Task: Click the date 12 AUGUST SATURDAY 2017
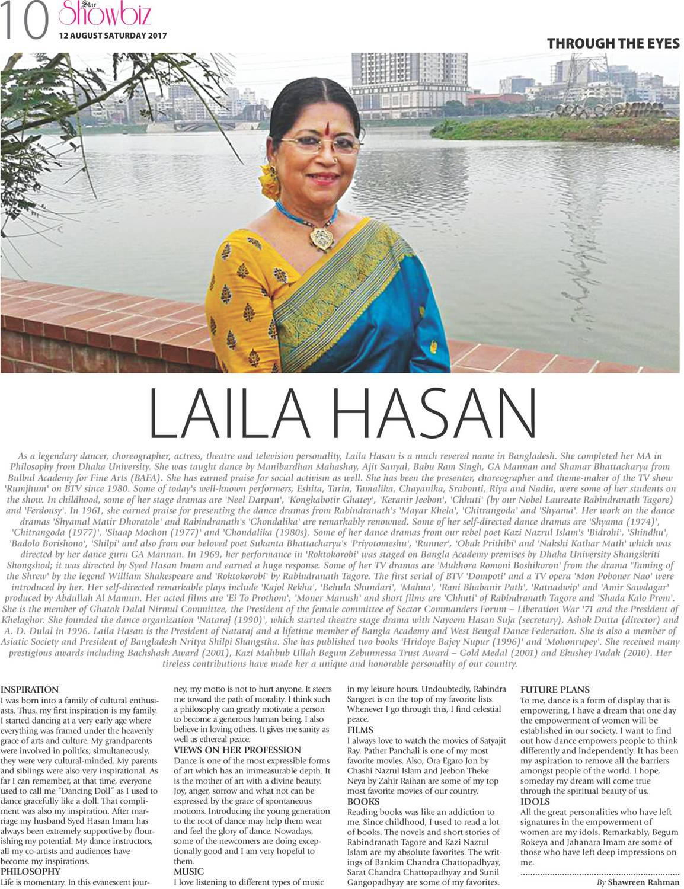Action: [x=113, y=35]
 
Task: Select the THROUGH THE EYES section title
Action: [x=613, y=43]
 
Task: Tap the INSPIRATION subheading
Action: [x=30, y=690]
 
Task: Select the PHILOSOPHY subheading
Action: [x=30, y=871]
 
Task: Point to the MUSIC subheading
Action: [x=188, y=871]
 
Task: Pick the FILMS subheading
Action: [x=360, y=730]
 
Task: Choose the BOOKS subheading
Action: [x=363, y=801]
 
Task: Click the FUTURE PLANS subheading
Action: [x=555, y=690]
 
